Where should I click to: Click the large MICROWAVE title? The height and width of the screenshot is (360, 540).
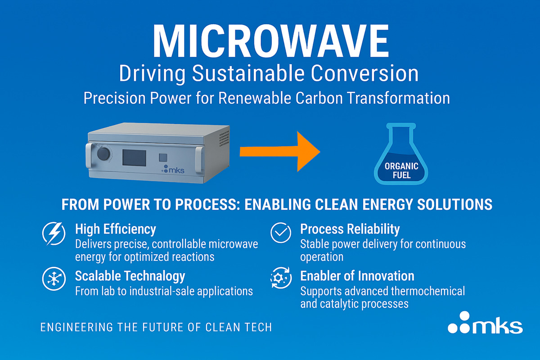(x=271, y=41)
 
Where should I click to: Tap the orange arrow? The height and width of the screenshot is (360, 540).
(x=280, y=152)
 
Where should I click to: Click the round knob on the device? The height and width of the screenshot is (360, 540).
(x=103, y=153)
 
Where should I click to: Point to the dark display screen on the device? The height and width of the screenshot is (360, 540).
(x=134, y=158)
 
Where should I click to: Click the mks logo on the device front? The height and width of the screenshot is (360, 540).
(x=173, y=169)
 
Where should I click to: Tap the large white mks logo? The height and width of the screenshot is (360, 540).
(x=485, y=323)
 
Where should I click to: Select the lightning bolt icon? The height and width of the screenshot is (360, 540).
(x=54, y=234)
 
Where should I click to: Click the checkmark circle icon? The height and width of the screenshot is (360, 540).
(x=281, y=233)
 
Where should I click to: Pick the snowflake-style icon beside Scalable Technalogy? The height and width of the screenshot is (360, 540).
(x=54, y=279)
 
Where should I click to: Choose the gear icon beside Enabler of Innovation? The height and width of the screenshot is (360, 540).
(x=281, y=278)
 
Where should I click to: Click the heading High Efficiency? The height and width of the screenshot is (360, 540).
(x=116, y=229)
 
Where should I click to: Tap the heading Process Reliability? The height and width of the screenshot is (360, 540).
(x=350, y=229)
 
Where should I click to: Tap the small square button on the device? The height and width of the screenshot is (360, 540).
(x=163, y=157)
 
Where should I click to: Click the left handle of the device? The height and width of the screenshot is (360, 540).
(x=89, y=156)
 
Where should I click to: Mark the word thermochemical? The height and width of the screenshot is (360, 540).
(x=428, y=291)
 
